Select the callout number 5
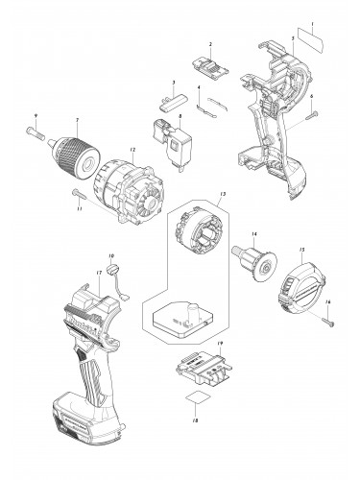(293, 36)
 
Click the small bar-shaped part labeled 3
(170, 98)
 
